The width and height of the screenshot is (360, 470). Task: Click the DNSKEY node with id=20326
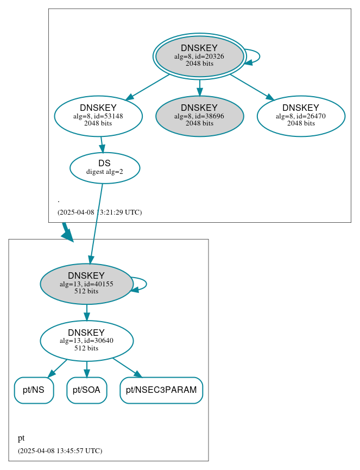[199, 56]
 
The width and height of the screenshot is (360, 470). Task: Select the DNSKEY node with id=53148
[98, 116]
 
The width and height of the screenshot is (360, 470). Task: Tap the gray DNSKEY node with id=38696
[199, 116]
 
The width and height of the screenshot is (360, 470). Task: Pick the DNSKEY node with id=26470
[301, 116]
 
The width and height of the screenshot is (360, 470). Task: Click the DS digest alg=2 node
[105, 168]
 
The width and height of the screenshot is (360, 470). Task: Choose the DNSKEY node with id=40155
[86, 284]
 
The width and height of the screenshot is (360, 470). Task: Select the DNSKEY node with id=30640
[86, 341]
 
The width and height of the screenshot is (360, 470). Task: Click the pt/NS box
[34, 390]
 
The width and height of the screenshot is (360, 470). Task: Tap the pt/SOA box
[86, 390]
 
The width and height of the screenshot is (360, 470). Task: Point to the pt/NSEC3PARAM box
[161, 390]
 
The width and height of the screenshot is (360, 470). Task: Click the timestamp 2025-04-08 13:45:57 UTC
[60, 451]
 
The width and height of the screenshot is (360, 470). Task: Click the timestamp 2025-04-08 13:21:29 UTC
[99, 212]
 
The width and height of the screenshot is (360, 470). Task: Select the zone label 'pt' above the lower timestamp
[21, 438]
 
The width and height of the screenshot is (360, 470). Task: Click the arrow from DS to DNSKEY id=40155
[96, 223]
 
